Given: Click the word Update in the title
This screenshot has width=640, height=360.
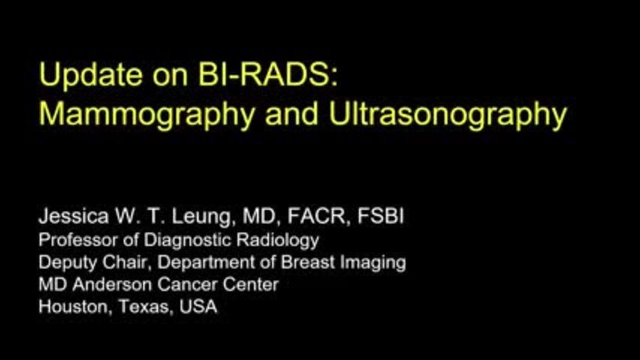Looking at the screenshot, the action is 90,76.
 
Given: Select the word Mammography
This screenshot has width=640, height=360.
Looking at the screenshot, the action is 147,115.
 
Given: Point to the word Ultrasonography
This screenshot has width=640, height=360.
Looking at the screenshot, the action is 447,115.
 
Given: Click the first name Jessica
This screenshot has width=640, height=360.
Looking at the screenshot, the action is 74,216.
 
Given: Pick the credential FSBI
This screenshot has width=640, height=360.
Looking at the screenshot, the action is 381,216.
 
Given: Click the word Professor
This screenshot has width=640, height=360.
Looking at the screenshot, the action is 78,239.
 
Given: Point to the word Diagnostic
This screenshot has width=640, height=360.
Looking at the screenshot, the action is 188,241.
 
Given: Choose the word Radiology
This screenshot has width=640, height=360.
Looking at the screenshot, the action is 277,241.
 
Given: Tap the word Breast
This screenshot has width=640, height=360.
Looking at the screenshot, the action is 308,262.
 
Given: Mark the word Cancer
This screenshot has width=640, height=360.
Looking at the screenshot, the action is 187,284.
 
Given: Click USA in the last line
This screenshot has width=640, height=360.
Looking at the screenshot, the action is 199,307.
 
